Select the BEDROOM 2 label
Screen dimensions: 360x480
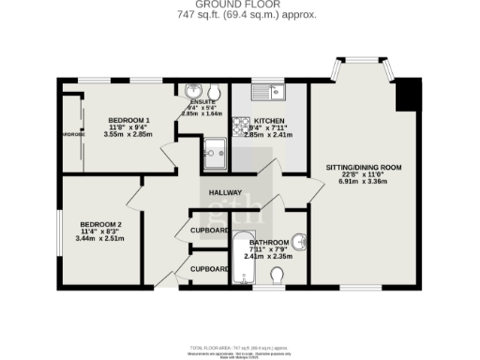[x=100, y=225]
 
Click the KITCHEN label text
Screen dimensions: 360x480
[x=269, y=122]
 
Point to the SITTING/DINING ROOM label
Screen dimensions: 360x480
[x=363, y=168]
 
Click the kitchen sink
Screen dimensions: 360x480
[x=277, y=92]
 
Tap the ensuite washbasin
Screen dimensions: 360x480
[x=195, y=92]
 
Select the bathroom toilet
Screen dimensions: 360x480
[x=277, y=276]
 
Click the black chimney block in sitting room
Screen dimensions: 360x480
[x=408, y=94]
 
